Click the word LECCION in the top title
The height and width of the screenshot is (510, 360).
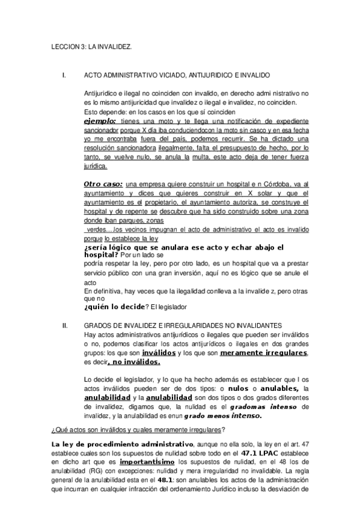tap(61, 46)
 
